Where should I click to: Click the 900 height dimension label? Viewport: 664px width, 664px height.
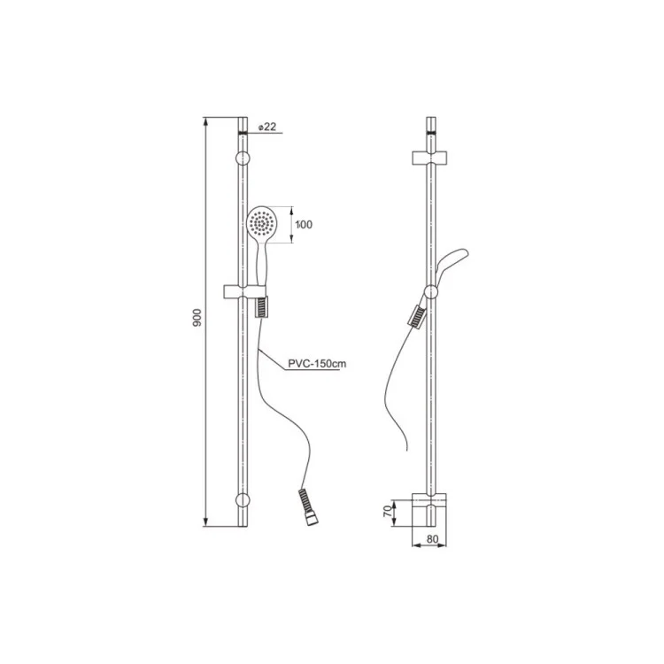pyautogui.click(x=197, y=318)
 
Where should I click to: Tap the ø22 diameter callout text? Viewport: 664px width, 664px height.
pyautogui.click(x=266, y=127)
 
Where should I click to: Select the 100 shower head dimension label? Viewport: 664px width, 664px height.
pyautogui.click(x=304, y=225)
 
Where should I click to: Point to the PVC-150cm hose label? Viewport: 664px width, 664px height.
pyautogui.click(x=317, y=363)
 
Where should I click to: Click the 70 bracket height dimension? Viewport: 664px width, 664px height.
pyautogui.click(x=387, y=511)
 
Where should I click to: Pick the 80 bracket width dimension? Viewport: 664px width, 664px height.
pyautogui.click(x=432, y=539)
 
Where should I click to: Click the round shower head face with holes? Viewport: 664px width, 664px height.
pyautogui.click(x=262, y=222)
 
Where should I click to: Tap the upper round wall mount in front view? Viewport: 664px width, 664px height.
pyautogui.click(x=243, y=158)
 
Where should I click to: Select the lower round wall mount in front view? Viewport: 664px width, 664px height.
pyautogui.click(x=243, y=500)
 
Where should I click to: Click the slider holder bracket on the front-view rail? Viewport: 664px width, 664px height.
pyautogui.click(x=244, y=291)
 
